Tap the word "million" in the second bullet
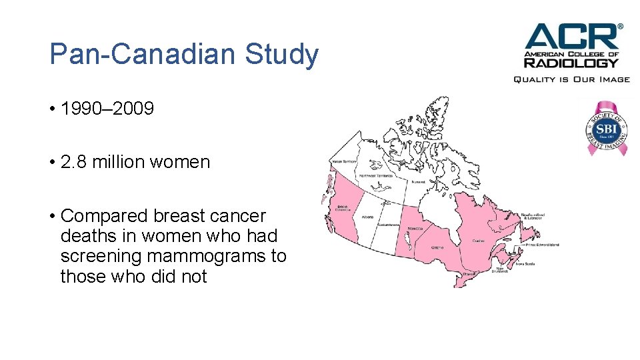point(118,162)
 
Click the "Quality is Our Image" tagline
point(571,79)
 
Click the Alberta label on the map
point(367,216)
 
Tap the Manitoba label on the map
point(415,229)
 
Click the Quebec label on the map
point(478,240)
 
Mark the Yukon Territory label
point(344,161)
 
